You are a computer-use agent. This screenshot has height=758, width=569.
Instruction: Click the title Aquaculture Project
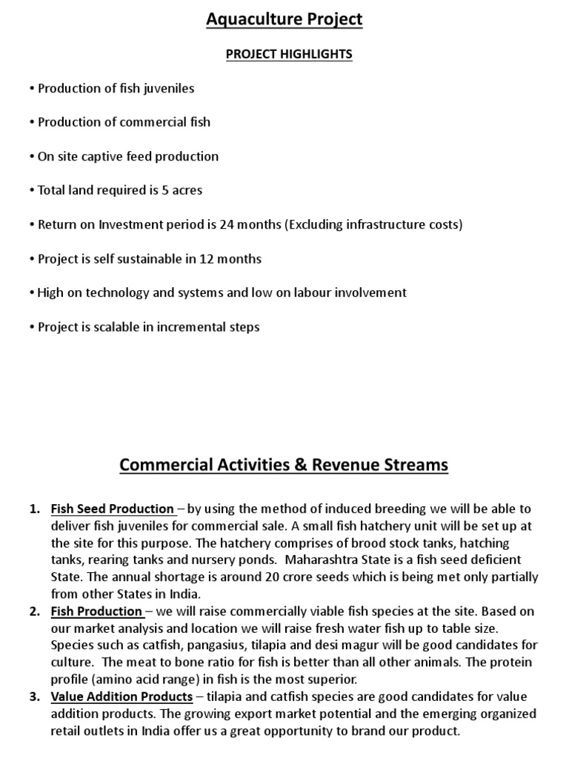(x=284, y=20)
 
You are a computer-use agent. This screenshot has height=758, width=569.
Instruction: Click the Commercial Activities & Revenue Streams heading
(x=284, y=466)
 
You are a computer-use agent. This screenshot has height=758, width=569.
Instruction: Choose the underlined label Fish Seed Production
(x=113, y=509)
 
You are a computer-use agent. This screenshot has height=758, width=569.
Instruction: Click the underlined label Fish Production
(x=97, y=611)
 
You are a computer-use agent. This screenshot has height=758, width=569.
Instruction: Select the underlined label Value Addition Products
(x=122, y=697)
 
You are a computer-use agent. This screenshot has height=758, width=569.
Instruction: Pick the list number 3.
(x=34, y=697)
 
